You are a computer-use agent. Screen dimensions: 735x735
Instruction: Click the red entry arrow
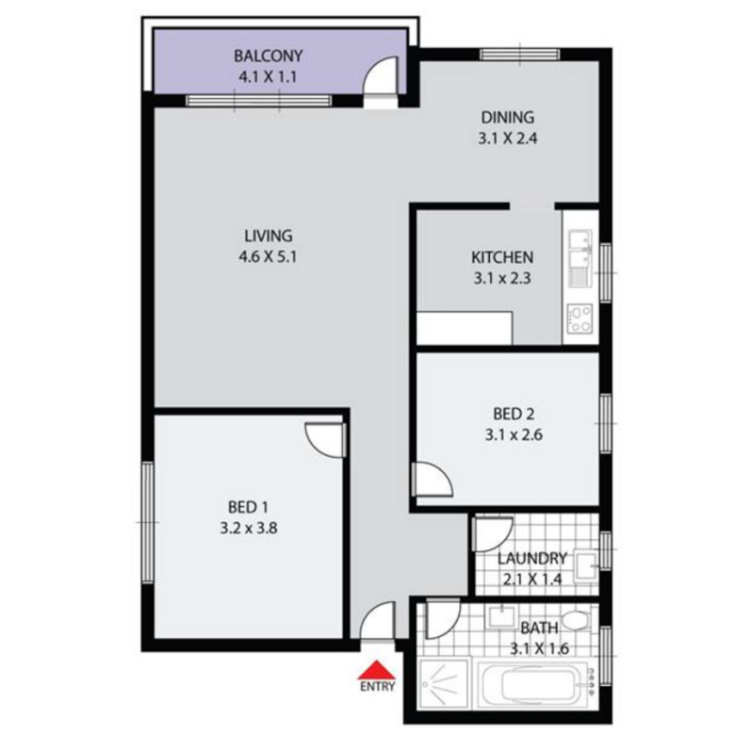(x=376, y=670)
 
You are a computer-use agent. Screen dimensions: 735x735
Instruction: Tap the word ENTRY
(x=377, y=687)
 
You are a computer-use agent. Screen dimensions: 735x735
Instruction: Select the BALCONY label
(x=269, y=57)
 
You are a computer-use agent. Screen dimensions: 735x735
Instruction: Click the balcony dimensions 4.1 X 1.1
(x=268, y=76)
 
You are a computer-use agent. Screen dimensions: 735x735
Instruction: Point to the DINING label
(x=508, y=117)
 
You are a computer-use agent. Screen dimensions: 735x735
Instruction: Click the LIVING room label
(x=269, y=236)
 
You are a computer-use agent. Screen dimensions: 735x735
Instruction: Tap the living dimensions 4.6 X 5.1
(x=268, y=257)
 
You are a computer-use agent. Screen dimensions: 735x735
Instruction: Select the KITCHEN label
(x=502, y=257)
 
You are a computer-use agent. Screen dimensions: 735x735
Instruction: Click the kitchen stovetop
(x=580, y=318)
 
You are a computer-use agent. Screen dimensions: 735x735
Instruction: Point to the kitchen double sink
(x=580, y=258)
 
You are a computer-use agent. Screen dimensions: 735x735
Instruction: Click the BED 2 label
(x=514, y=414)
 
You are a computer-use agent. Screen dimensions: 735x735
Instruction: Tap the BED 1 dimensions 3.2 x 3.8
(x=249, y=529)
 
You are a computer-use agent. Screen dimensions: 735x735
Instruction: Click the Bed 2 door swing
(x=433, y=478)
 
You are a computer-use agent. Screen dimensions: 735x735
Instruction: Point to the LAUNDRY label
(x=532, y=558)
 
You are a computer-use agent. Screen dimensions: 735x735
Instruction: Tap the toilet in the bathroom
(x=577, y=620)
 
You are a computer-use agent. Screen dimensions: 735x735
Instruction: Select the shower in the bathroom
(x=444, y=683)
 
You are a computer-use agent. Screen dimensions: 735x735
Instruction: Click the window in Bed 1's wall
(x=148, y=523)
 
